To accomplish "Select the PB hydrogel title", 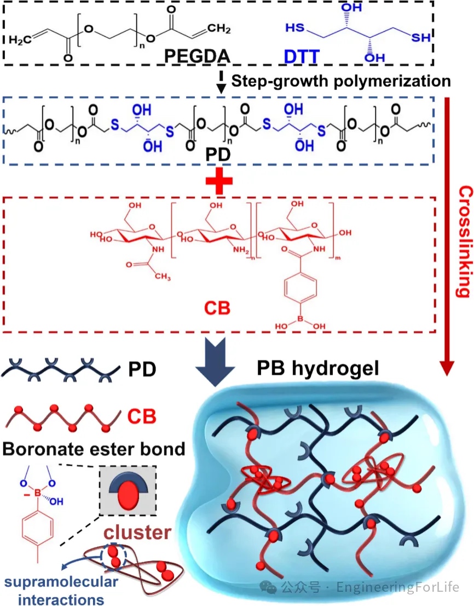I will [x=318, y=369].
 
